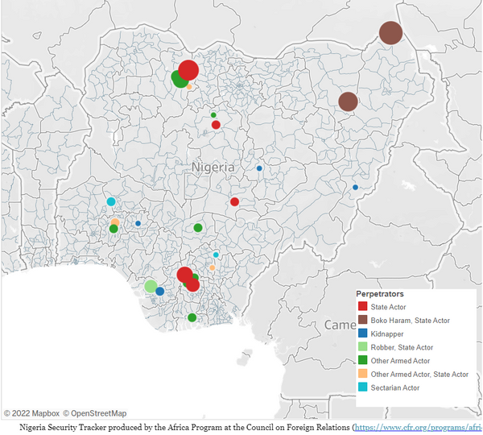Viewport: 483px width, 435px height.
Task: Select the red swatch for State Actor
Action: [x=363, y=307]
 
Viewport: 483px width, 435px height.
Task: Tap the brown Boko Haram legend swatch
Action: [x=363, y=321]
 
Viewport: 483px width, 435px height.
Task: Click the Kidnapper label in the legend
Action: [x=388, y=333]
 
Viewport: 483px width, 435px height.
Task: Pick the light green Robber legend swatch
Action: [x=363, y=347]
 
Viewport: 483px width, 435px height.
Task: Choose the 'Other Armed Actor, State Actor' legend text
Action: [x=420, y=374]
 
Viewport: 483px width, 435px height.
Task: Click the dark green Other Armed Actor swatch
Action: [x=363, y=361]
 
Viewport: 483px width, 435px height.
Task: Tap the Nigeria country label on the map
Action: [x=213, y=167]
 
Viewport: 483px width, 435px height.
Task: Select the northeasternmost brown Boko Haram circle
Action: [x=390, y=33]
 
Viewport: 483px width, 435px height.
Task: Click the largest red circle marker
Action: [x=188, y=70]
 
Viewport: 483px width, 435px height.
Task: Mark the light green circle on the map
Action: [x=151, y=286]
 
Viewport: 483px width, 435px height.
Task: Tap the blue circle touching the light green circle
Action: [x=160, y=291]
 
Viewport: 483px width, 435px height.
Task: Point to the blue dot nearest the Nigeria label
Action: [x=259, y=168]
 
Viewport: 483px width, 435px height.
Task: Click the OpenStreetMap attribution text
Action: [x=94, y=413]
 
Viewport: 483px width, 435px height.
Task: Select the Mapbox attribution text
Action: [x=32, y=413]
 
